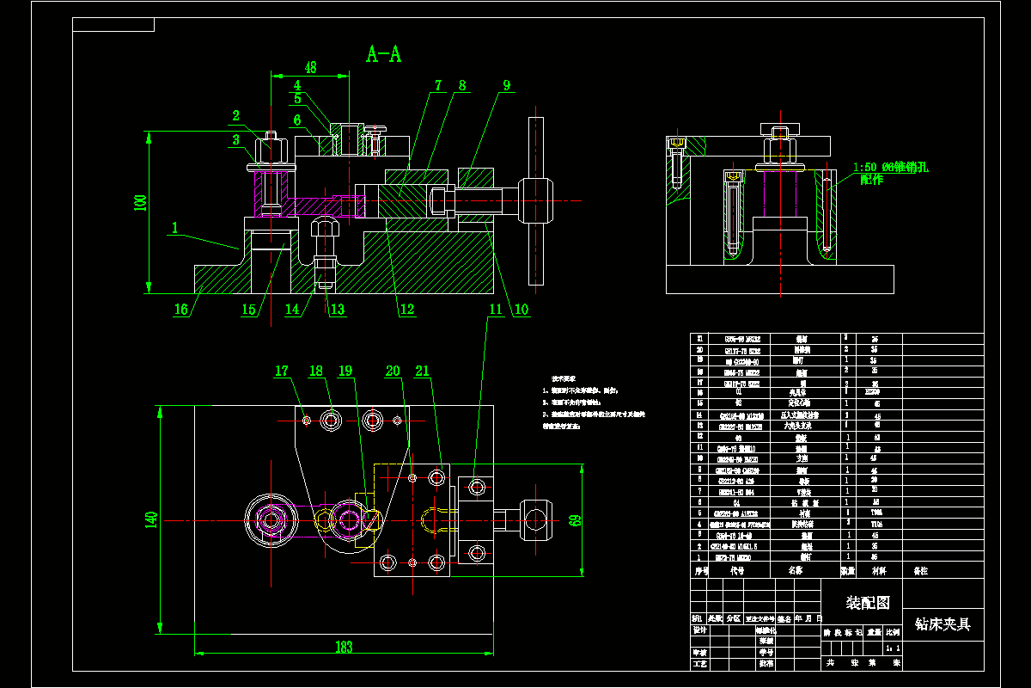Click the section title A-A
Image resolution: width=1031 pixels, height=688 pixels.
coord(383,55)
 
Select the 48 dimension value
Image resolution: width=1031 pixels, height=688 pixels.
coord(310,67)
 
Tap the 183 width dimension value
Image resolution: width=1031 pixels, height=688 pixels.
coord(344,647)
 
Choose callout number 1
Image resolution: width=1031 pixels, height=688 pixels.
coord(175,229)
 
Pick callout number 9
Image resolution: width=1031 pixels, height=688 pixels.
coord(507,86)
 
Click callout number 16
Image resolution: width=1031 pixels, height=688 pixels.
coord(181,310)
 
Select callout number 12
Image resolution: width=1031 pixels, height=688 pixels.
coord(406,310)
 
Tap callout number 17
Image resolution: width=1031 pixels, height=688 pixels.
coord(282,372)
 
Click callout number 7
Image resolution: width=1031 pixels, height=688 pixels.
coord(437,86)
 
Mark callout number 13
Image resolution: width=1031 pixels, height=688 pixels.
coord(337,310)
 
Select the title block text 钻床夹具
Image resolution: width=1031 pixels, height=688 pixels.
coord(942,624)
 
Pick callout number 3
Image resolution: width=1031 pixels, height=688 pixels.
coord(235,141)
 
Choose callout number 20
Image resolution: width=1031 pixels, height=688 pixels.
coord(393,372)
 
